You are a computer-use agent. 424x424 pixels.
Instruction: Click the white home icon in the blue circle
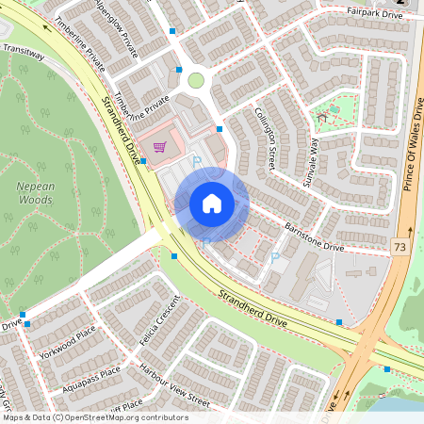click(212, 204)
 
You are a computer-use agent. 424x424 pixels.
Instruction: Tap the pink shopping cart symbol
click(160, 147)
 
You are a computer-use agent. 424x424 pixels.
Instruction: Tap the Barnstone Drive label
click(315, 236)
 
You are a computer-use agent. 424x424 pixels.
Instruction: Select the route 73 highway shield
click(400, 245)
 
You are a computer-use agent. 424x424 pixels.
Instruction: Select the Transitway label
click(24, 53)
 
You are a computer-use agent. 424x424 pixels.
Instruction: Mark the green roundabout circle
click(196, 80)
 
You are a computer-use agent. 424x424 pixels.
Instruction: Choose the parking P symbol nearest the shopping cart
click(197, 162)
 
